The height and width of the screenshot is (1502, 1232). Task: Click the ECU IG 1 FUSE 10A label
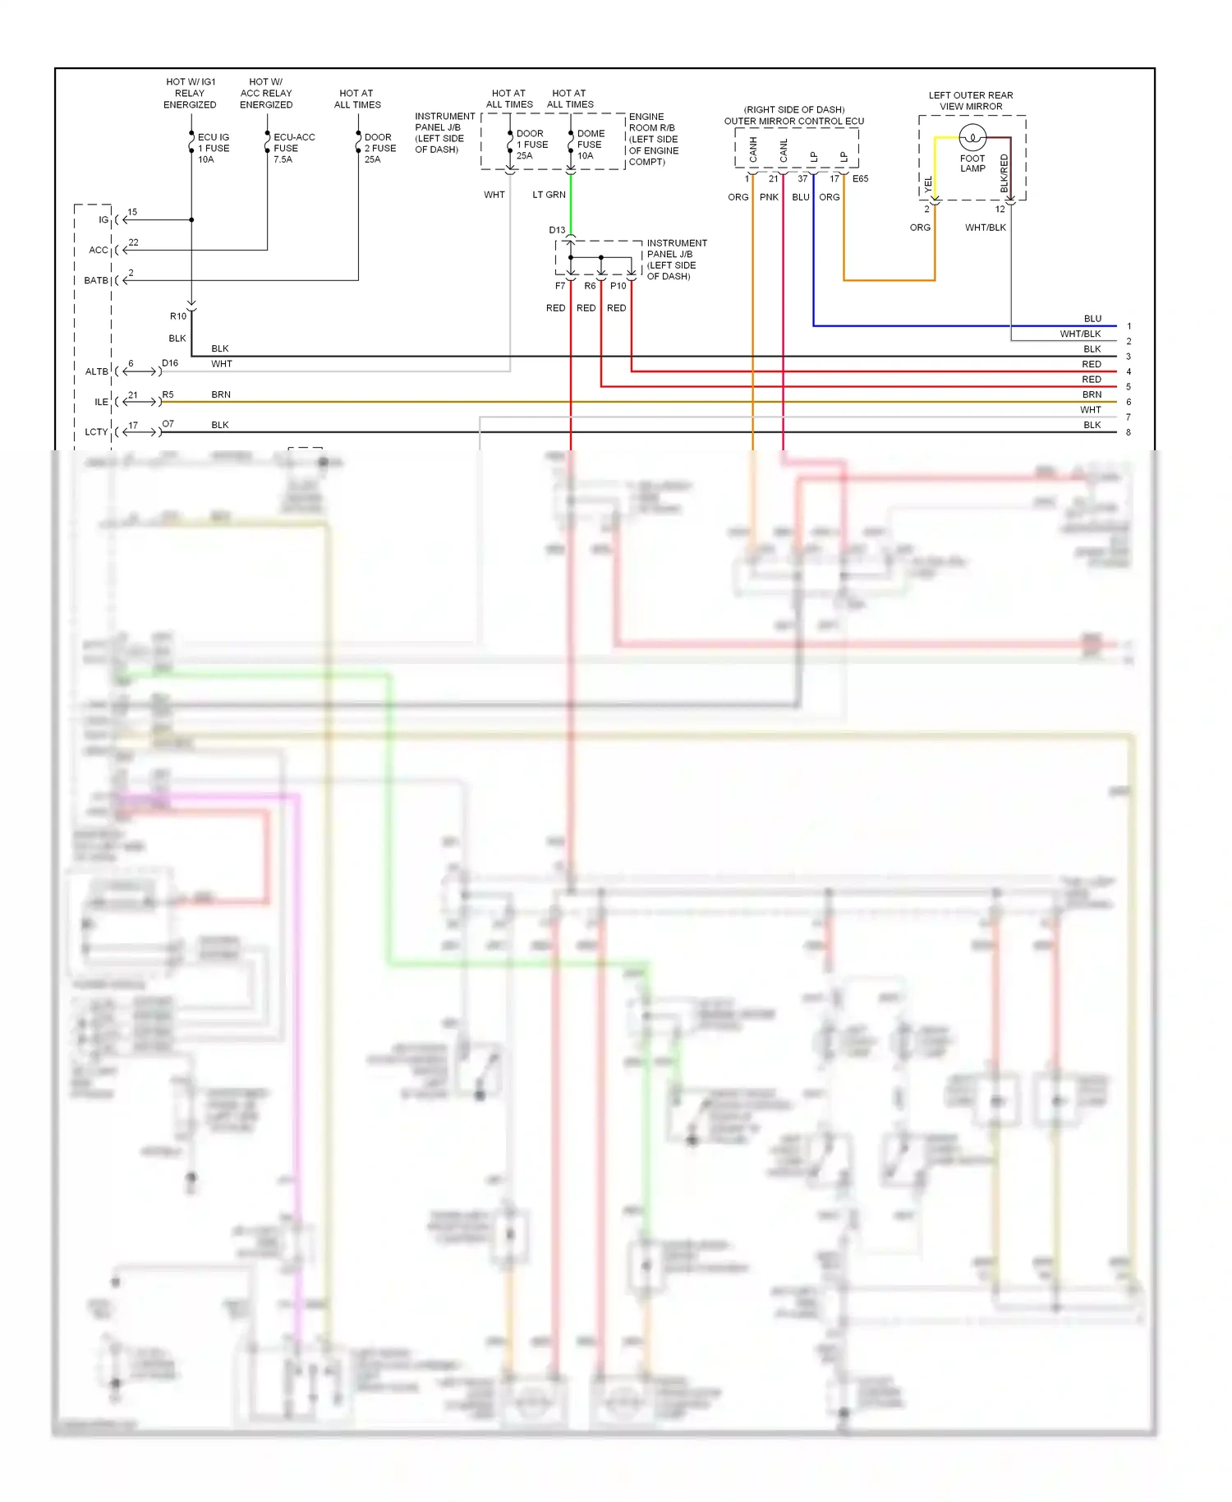213,149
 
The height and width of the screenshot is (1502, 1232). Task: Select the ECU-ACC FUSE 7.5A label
293,149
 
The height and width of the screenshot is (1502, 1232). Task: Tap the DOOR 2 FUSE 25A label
379,149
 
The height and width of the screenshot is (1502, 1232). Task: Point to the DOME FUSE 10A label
590,145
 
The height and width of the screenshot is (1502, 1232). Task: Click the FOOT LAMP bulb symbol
972,137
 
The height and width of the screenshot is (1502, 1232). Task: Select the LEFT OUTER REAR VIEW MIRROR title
971,101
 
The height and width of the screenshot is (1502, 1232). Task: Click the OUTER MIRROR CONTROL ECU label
793,121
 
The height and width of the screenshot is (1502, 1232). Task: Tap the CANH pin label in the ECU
753,150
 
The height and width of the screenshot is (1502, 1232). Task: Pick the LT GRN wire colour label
549,195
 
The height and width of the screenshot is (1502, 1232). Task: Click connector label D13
557,230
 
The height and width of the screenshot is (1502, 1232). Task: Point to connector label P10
618,286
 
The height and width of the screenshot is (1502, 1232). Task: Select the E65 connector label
860,179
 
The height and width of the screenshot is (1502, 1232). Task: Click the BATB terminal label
96,281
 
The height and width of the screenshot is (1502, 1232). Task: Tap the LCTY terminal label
96,432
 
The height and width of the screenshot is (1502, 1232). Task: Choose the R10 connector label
178,316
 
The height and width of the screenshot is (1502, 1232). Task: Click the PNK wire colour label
769,197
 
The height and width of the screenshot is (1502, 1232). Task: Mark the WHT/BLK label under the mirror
985,228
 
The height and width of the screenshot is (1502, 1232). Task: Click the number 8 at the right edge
1129,432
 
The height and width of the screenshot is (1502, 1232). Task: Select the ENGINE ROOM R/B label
653,139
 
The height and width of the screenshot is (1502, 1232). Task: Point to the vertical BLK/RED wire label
1004,173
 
